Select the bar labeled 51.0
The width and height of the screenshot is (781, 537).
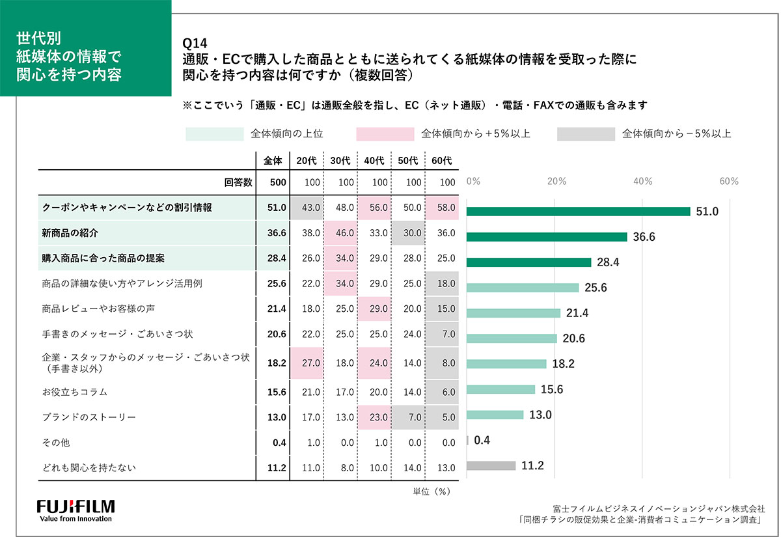pos(578,212)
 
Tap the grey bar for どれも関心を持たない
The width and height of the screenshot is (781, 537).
pos(491,466)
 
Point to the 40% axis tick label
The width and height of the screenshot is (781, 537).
pos(644,182)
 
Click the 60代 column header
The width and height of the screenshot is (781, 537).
pos(441,160)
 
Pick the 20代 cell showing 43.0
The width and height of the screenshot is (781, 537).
pos(307,208)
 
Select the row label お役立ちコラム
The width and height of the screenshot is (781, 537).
pos(74,392)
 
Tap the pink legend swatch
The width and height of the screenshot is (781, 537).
pos(385,134)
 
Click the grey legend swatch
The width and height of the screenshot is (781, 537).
pos(586,134)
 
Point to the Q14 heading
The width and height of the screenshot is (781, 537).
pos(195,44)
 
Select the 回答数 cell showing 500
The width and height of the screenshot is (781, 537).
pos(276,182)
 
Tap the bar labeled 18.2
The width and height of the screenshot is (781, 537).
pos(506,364)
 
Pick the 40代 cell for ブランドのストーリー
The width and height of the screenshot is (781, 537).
pos(375,417)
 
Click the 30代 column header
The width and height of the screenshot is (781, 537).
pos(340,160)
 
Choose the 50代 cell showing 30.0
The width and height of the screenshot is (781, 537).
pos(408,232)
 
